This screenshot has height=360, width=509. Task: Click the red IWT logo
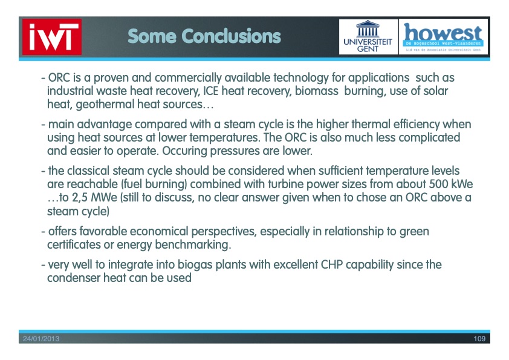pyautogui.click(x=52, y=37)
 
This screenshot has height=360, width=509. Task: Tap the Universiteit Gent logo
pyautogui.click(x=368, y=37)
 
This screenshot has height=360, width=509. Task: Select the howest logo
pyautogui.click(x=444, y=37)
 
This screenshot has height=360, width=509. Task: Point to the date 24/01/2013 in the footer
pyautogui.click(x=41, y=339)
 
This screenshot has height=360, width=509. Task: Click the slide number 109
pyautogui.click(x=479, y=339)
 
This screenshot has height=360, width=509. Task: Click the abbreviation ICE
pyautogui.click(x=211, y=91)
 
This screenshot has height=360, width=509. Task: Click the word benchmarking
pyautogui.click(x=193, y=244)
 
